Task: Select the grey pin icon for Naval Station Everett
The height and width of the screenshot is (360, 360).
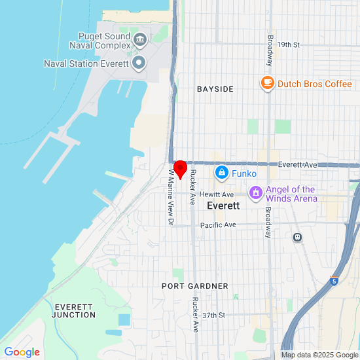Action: [139, 63]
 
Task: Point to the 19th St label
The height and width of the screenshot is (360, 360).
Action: [287, 45]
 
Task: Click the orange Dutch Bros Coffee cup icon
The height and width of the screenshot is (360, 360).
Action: [267, 83]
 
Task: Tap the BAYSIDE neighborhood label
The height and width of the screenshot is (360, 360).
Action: [215, 89]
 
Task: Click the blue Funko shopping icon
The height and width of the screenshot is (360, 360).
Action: [222, 173]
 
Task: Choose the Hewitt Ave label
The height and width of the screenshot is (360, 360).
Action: [217, 194]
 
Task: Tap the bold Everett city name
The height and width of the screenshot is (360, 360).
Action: [223, 206]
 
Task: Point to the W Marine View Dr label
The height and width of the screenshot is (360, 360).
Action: [170, 196]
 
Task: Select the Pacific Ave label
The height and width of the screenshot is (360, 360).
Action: [217, 225]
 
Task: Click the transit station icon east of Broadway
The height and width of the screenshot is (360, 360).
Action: [297, 237]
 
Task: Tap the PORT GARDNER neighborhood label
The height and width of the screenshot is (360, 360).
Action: [195, 286]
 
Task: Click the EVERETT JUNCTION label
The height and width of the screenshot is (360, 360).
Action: [75, 310]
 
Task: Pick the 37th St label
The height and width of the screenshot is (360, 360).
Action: [214, 315]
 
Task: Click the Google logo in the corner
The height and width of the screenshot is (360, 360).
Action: [22, 352]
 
